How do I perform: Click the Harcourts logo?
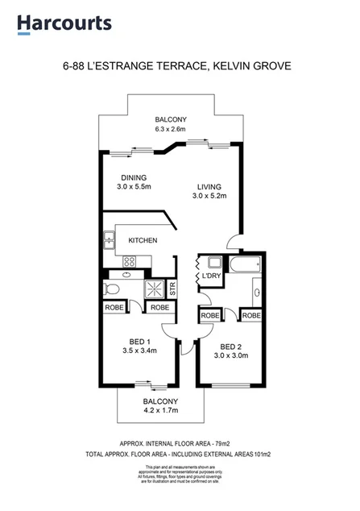tap(64, 23)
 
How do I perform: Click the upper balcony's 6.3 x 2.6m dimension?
tap(171, 129)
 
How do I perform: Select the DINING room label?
tap(134, 178)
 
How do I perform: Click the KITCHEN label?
tap(143, 240)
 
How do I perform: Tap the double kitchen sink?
tap(108, 239)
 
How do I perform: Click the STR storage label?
tap(172, 288)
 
